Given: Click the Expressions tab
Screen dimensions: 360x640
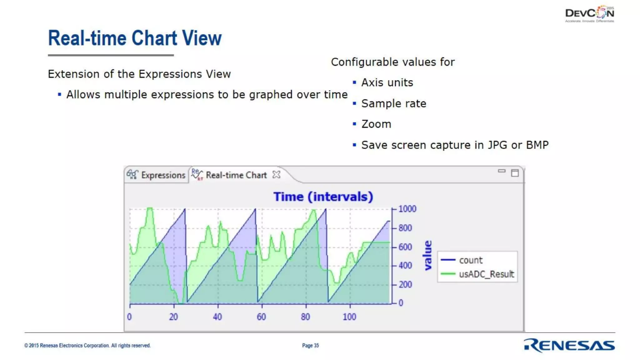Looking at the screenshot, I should pyautogui.click(x=163, y=175).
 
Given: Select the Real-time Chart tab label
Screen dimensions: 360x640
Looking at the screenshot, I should pyautogui.click(x=236, y=175).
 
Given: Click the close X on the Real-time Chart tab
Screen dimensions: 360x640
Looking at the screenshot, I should pyautogui.click(x=276, y=174).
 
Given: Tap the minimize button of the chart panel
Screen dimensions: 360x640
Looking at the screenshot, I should pyautogui.click(x=502, y=171).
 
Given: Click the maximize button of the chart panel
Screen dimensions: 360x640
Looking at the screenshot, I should pyautogui.click(x=515, y=173).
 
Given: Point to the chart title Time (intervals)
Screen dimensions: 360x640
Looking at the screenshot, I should pyautogui.click(x=323, y=197).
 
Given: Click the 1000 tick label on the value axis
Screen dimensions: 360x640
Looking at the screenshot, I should pyautogui.click(x=407, y=209).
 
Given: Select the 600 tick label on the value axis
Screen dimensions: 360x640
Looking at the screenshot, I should pyautogui.click(x=405, y=247).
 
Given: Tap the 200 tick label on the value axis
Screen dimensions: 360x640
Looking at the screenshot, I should pyautogui.click(x=405, y=284).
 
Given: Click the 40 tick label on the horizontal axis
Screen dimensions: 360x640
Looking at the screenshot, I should pyautogui.click(x=217, y=317).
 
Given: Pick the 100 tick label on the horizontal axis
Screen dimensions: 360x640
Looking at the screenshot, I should pyautogui.click(x=349, y=317).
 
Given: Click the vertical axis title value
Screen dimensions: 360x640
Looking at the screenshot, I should pyautogui.click(x=428, y=255).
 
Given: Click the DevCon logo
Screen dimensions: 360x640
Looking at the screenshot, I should pyautogui.click(x=589, y=14).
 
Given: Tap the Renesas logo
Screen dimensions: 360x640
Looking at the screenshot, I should pyautogui.click(x=569, y=345).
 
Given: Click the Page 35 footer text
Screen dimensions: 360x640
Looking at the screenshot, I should pyautogui.click(x=310, y=345).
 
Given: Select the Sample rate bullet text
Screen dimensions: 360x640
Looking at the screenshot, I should pyautogui.click(x=394, y=103).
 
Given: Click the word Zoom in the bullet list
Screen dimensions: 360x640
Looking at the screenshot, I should pyautogui.click(x=376, y=124).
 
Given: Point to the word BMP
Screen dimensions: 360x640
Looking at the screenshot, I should pyautogui.click(x=537, y=145).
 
